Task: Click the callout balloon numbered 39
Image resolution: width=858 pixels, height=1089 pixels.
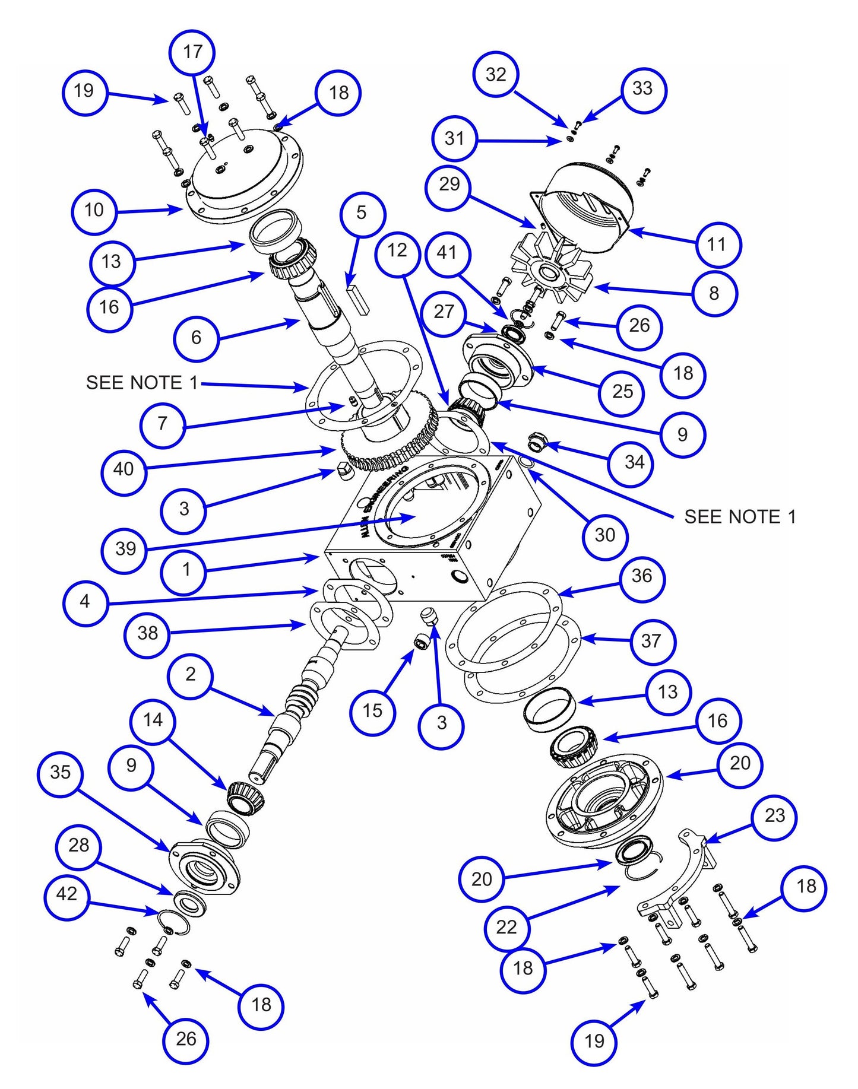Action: [125, 548]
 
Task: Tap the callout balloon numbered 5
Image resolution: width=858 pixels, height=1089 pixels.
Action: [361, 213]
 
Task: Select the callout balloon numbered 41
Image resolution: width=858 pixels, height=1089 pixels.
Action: [447, 253]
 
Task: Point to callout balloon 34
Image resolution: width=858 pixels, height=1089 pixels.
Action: [634, 462]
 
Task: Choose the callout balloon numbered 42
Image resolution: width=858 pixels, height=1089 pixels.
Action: [67, 894]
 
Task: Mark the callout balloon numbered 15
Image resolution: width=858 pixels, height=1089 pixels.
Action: [372, 710]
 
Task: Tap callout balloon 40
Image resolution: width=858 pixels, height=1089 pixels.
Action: [124, 469]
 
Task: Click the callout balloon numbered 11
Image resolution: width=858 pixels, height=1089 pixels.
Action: [716, 244]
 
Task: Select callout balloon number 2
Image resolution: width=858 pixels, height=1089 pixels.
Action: [190, 674]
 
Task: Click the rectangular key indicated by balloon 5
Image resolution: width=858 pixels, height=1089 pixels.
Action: [357, 298]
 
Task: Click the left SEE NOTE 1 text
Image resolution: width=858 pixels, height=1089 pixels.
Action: [142, 383]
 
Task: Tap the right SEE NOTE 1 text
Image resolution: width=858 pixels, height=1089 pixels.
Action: [740, 517]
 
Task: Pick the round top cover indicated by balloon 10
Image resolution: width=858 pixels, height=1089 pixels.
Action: [243, 178]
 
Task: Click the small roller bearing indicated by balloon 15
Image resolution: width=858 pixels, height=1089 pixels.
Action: [422, 642]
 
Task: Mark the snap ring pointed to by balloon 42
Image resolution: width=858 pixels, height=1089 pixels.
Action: [173, 922]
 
